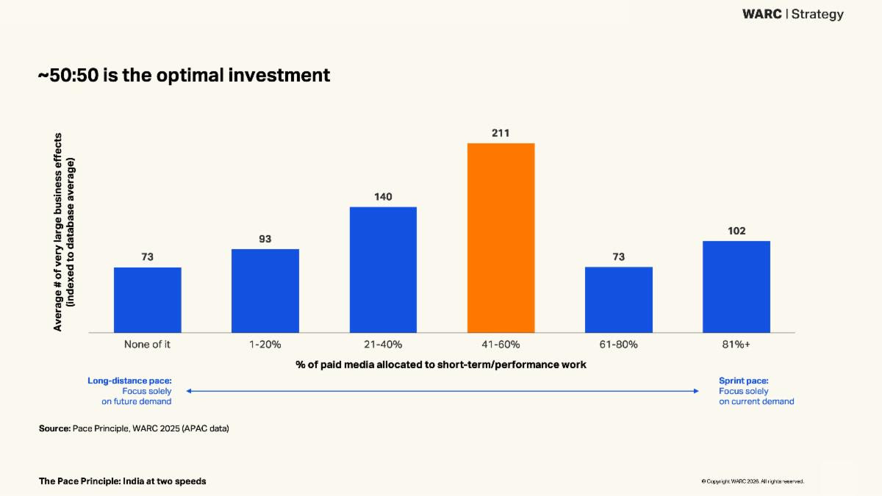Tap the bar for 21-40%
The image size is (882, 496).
tap(383, 270)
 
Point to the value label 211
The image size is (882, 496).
tap(501, 133)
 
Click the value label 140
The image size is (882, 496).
tap(383, 197)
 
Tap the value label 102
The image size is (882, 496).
tap(736, 231)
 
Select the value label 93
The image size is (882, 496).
tap(265, 239)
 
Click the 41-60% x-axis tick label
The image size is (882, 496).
tap(501, 344)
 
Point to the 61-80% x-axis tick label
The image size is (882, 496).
tap(618, 344)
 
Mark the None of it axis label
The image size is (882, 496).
tap(147, 344)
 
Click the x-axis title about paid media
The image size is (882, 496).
tap(441, 364)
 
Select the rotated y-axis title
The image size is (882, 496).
tap(64, 231)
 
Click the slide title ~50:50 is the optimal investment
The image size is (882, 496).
tap(184, 75)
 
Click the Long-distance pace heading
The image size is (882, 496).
tap(129, 381)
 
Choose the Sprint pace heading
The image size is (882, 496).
tap(743, 381)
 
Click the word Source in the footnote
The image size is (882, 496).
tap(54, 428)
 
